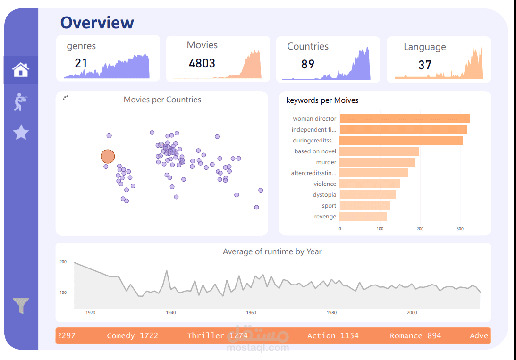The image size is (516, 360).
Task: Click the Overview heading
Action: click(x=97, y=22)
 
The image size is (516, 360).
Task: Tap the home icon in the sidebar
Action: click(x=21, y=70)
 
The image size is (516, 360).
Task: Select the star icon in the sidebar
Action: click(x=21, y=133)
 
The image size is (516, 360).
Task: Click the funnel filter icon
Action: click(x=21, y=306)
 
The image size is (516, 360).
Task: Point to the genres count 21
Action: click(x=81, y=63)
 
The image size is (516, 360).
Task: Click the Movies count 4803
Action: click(x=202, y=63)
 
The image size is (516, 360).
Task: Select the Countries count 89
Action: click(x=307, y=64)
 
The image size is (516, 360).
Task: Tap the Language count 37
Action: click(x=424, y=65)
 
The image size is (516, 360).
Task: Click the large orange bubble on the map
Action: click(x=108, y=157)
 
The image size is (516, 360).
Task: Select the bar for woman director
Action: click(x=404, y=119)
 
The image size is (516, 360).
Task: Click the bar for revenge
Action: click(x=363, y=217)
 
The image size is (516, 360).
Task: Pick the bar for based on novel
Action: click(x=379, y=151)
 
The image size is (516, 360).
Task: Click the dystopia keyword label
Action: click(x=324, y=195)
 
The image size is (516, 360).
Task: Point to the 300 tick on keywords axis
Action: click(x=460, y=229)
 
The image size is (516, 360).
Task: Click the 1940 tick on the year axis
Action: click(x=171, y=312)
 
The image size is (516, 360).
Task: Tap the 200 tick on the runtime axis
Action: click(x=63, y=262)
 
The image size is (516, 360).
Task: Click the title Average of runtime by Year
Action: click(x=272, y=251)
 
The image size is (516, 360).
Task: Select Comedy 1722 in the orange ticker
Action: click(x=132, y=336)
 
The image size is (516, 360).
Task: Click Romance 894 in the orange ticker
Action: click(x=415, y=336)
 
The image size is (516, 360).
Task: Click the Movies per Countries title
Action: click(x=162, y=100)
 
